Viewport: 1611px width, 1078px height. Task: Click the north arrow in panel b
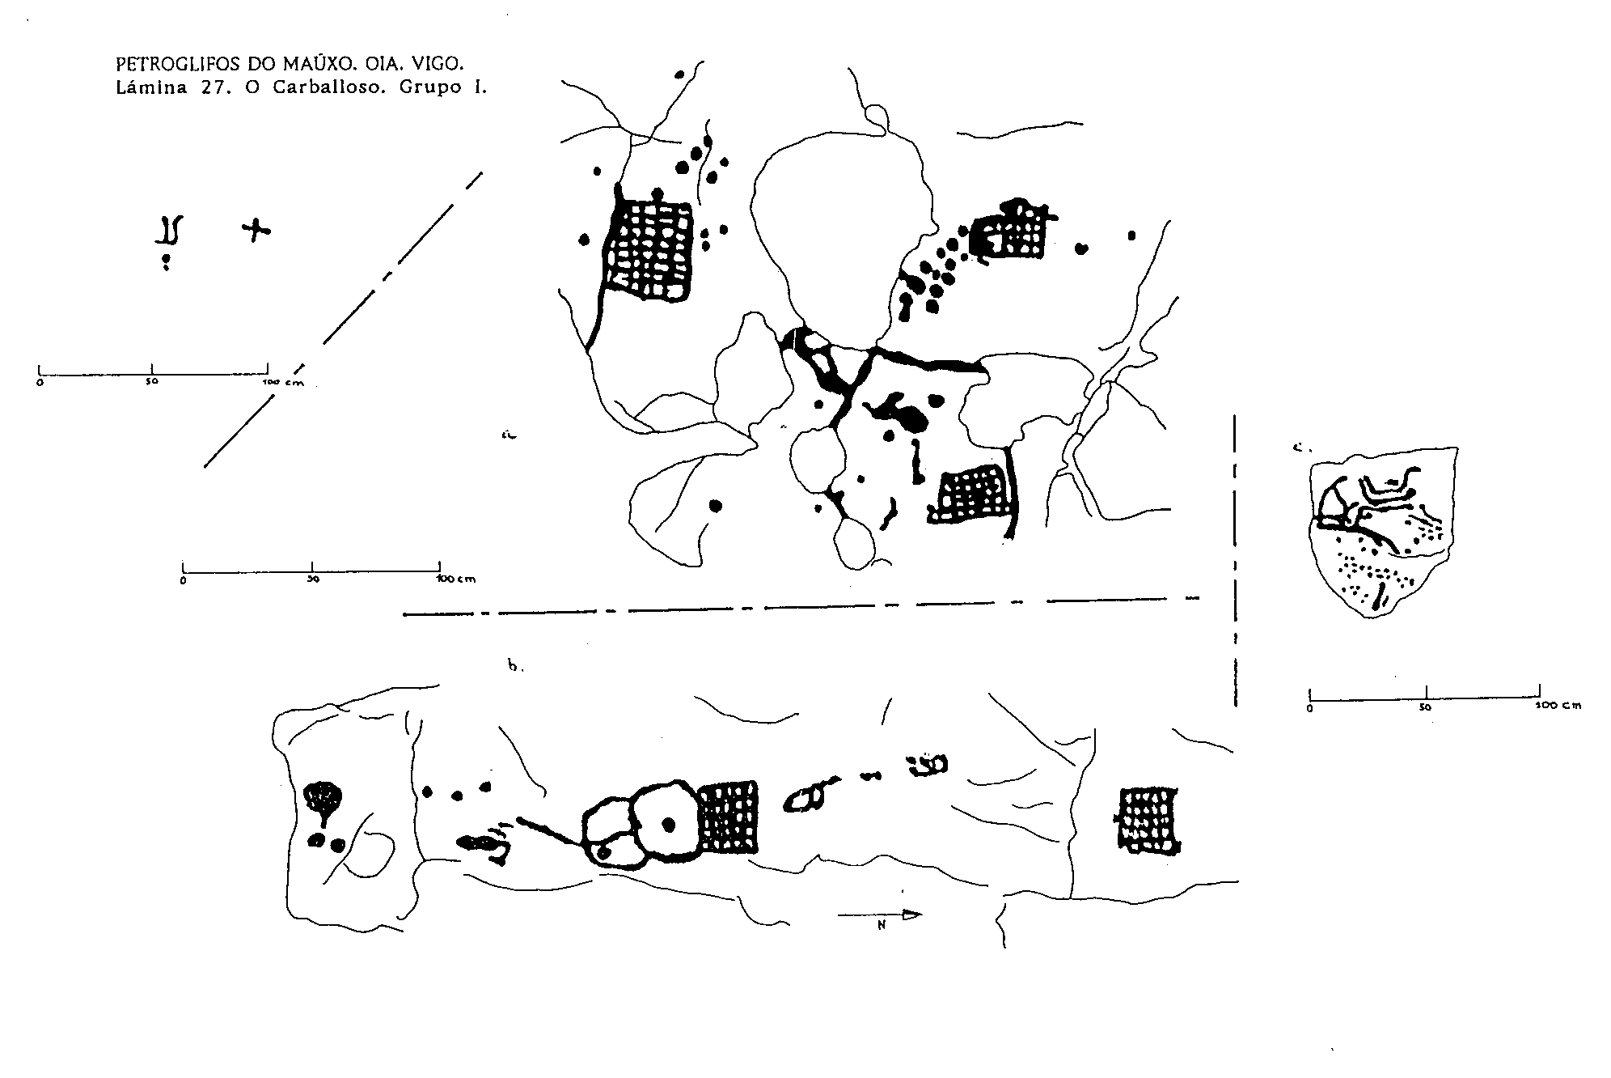(880, 915)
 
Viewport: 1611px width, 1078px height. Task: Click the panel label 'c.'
(1300, 446)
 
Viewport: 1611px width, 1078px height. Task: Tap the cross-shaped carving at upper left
(256, 231)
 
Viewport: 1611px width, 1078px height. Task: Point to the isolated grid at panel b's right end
(1148, 820)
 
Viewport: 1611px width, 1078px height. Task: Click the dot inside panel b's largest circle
(668, 825)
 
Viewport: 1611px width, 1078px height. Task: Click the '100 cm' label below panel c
(1558, 706)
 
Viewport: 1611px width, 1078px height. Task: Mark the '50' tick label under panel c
(1425, 707)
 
